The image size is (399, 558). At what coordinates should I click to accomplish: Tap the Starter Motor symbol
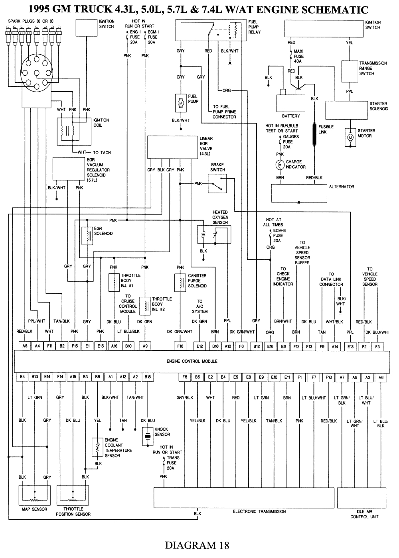351,138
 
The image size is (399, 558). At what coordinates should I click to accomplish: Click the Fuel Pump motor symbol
180,103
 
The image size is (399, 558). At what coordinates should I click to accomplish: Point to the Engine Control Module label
192,361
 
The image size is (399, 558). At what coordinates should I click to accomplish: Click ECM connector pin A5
25,346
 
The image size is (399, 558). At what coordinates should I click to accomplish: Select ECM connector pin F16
180,346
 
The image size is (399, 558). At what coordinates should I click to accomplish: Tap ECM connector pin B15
148,376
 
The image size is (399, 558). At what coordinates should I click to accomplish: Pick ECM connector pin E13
351,346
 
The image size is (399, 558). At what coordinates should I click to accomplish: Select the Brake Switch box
217,184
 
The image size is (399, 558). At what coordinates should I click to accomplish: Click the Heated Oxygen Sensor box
214,234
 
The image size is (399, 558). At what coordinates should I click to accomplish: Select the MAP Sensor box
34,495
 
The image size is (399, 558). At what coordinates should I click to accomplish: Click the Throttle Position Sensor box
73,495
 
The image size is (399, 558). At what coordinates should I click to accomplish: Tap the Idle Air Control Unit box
364,498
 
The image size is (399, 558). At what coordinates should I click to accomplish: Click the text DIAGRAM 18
197,544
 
